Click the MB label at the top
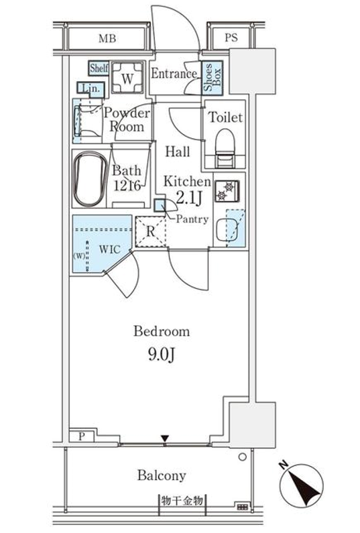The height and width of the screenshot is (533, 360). pyautogui.click(x=107, y=38)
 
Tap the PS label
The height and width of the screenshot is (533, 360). pyautogui.click(x=231, y=38)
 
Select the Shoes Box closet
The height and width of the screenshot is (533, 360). pyautogui.click(x=212, y=78)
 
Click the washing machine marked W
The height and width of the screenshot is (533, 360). pyautogui.click(x=127, y=78)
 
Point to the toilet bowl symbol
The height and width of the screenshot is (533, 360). pyautogui.click(x=225, y=148)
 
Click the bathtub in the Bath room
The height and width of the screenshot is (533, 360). pyautogui.click(x=91, y=179)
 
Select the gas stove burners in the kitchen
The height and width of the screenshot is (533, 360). pyautogui.click(x=227, y=191)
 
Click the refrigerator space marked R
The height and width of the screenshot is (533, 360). pyautogui.click(x=151, y=231)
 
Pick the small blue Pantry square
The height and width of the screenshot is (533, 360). pyautogui.click(x=159, y=205)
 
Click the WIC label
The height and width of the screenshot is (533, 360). pyautogui.click(x=110, y=249)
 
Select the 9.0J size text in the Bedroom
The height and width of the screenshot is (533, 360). pyautogui.click(x=162, y=355)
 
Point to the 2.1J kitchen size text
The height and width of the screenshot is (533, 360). pyautogui.click(x=189, y=198)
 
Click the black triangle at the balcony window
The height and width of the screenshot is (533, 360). pyautogui.click(x=165, y=438)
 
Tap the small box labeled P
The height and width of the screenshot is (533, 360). pyautogui.click(x=82, y=436)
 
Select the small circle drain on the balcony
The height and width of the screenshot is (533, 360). pyautogui.click(x=243, y=457)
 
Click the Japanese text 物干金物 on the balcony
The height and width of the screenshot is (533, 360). pyautogui.click(x=182, y=500)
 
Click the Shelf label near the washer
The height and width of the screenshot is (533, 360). pyautogui.click(x=99, y=68)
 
